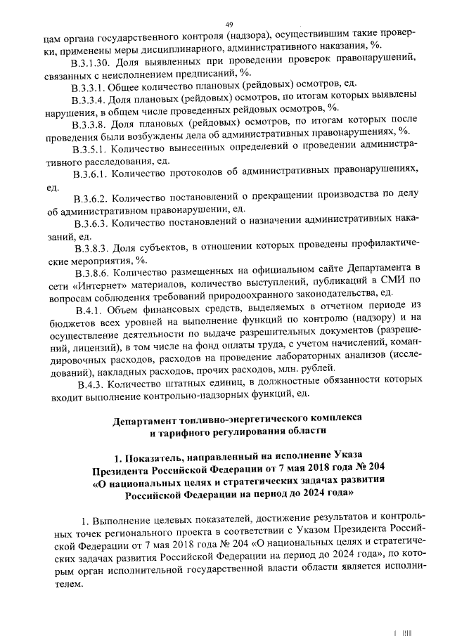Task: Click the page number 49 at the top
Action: (229, 25)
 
